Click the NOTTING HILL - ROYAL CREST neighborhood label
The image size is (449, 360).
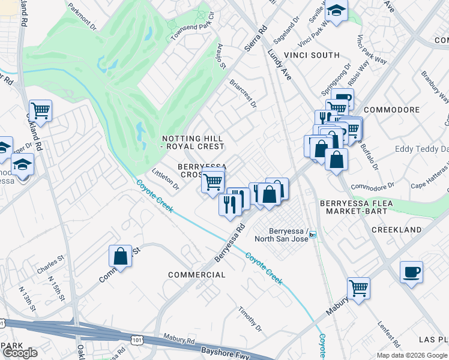(x=193, y=142)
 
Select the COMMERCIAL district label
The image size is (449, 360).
(x=197, y=275)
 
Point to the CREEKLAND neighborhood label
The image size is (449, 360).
(x=396, y=230)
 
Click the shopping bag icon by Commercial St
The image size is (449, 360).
(x=120, y=256)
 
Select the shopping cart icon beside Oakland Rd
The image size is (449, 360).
(x=40, y=110)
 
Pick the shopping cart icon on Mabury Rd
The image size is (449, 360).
(x=358, y=287)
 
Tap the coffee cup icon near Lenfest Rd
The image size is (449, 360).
(x=411, y=272)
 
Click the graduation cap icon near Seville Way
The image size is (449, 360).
(x=336, y=10)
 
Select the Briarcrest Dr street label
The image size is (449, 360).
(x=243, y=95)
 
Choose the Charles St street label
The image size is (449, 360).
(x=50, y=265)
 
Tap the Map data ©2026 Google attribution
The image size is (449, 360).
(x=411, y=355)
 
